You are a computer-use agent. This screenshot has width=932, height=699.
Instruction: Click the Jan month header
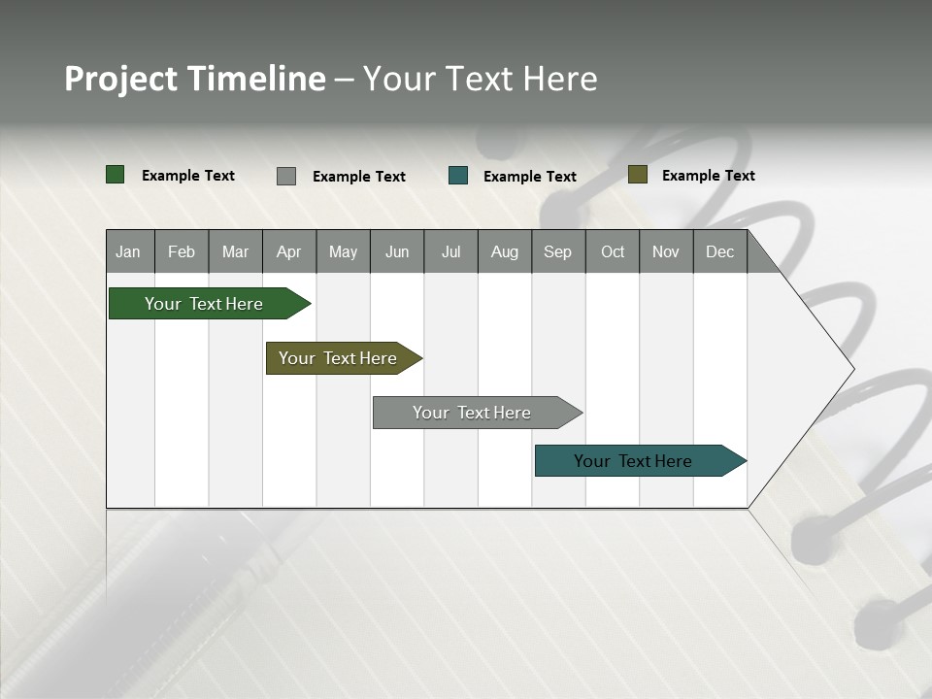129,251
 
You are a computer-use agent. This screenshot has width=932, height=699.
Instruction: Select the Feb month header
182,251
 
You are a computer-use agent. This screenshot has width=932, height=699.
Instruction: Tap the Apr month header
289,251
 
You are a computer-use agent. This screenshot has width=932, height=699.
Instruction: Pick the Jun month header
397,251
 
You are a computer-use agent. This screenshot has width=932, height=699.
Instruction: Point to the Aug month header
505,251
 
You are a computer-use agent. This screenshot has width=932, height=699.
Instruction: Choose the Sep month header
558,251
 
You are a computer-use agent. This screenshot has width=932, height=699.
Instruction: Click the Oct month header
613,251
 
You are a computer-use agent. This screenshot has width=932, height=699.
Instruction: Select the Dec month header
720,251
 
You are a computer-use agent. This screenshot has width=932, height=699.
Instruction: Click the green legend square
116,175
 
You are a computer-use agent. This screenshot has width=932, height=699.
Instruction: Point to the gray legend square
286,176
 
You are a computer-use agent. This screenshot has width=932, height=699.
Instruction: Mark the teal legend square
458,176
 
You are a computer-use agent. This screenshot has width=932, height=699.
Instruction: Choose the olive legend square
637,175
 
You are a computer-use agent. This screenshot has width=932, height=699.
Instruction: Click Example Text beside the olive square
708,176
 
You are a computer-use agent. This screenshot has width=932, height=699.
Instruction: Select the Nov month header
666,251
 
